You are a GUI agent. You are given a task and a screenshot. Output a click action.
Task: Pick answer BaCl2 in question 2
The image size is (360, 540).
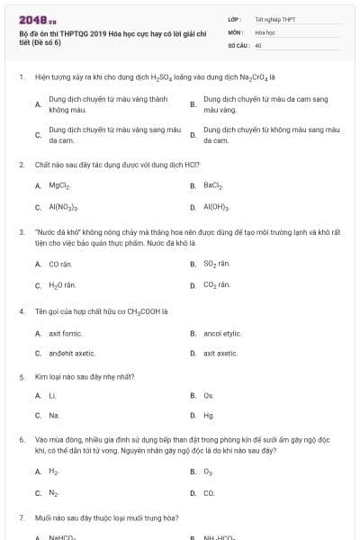click(x=213, y=186)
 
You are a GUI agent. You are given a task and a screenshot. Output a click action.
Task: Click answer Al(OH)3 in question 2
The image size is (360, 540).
click(x=216, y=207)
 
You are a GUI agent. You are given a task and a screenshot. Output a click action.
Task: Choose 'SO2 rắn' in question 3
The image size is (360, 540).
click(x=217, y=265)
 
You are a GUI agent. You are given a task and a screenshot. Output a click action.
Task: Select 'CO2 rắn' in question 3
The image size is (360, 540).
click(x=217, y=285)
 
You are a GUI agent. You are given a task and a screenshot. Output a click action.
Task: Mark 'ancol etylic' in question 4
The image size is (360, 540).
click(x=222, y=333)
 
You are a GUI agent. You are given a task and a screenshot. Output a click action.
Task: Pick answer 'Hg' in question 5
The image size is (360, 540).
click(x=209, y=416)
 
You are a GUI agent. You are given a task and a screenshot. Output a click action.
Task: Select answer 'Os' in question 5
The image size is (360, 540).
click(x=209, y=395)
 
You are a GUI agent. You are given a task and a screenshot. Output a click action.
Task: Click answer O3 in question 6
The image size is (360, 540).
click(x=209, y=472)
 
